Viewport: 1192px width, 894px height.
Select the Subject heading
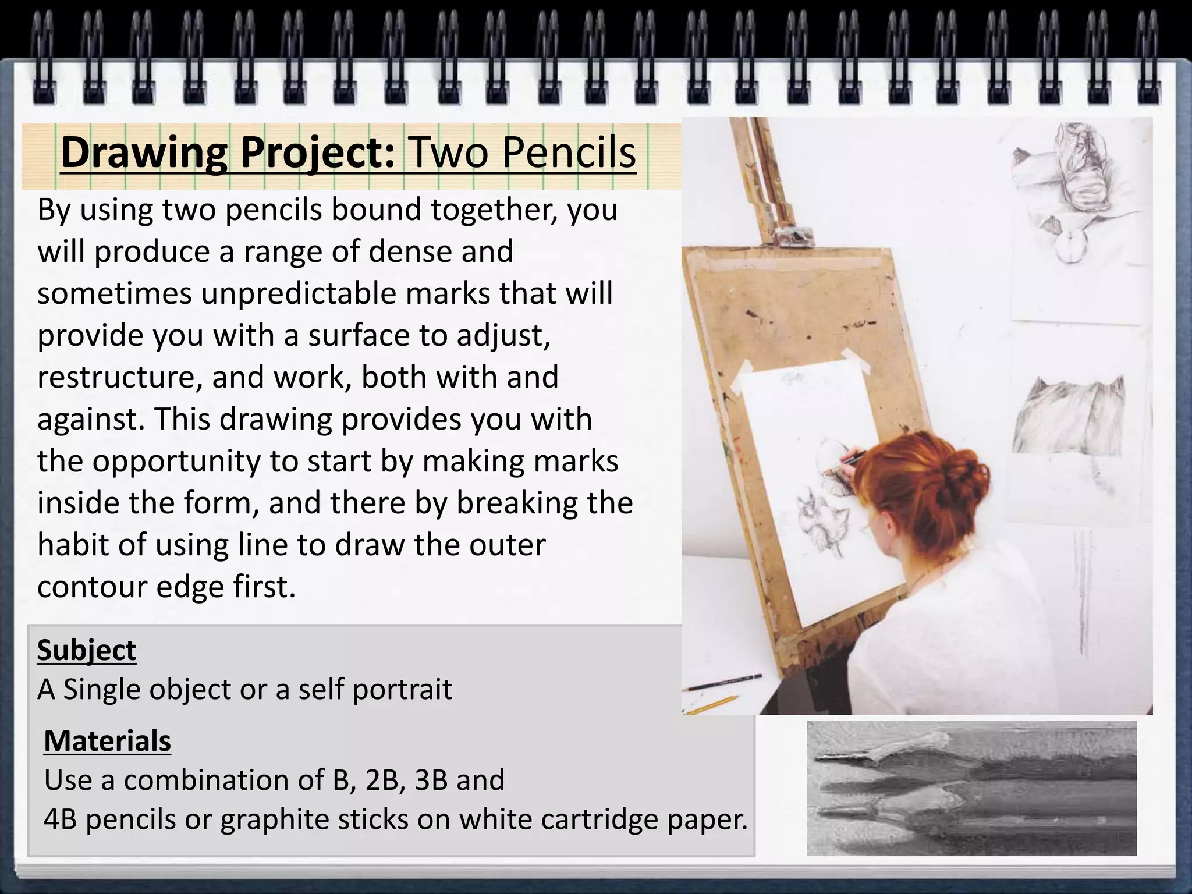pos(86,650)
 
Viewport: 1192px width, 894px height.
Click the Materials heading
pos(107,741)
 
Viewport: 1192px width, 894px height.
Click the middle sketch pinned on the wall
pos(1068,413)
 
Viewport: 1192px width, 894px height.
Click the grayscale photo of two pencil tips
pos(971,789)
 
